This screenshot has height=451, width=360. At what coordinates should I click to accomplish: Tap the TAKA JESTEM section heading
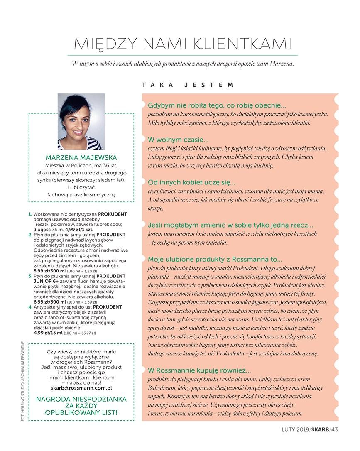[x=188, y=85]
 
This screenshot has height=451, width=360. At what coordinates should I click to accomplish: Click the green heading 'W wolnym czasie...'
[x=178, y=140]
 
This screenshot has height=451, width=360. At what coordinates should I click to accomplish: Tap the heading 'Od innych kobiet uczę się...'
[x=191, y=182]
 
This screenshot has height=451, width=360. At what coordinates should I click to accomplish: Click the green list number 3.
[x=30, y=276]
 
